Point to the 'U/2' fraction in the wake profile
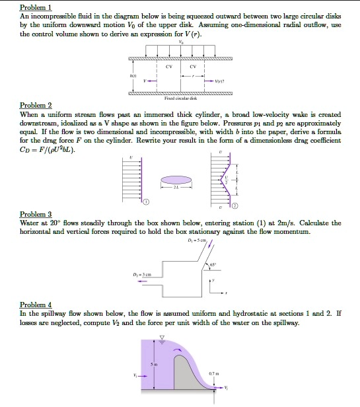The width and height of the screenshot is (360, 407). click(x=228, y=179)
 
